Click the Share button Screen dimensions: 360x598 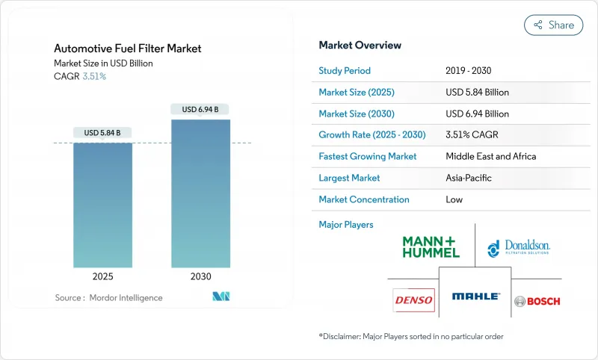tap(554, 25)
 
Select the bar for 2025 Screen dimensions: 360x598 tap(102, 205)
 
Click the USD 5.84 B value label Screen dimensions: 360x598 tap(102, 133)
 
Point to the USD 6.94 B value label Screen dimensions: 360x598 tap(200, 110)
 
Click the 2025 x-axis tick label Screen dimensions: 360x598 tap(102, 276)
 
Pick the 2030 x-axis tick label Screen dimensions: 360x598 tap(200, 276)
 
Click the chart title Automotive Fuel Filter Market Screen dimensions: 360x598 tap(128, 49)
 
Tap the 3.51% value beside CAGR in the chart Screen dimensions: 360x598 tap(93, 76)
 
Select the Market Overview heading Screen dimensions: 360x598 tap(360, 45)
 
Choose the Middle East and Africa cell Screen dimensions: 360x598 tap(491, 156)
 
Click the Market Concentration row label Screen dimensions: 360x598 tap(364, 199)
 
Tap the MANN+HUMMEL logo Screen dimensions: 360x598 tap(431, 246)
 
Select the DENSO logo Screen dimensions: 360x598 tap(413, 300)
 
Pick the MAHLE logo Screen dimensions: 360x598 tap(475, 297)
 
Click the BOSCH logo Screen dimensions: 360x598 tap(537, 301)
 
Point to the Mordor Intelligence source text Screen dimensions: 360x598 tap(108, 297)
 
